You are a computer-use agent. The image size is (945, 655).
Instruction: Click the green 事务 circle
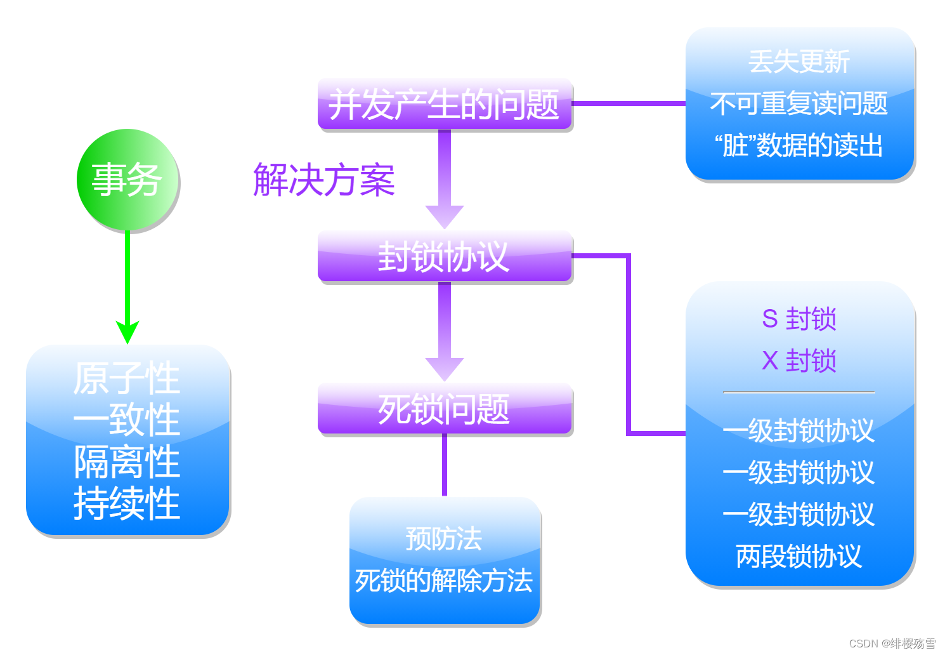(x=127, y=180)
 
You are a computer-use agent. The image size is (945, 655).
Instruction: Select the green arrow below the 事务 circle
(x=127, y=286)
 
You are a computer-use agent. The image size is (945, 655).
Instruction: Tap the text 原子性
(x=127, y=378)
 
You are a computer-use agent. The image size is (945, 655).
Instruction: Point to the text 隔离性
(x=127, y=462)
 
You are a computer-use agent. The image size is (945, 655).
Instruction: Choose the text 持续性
(x=127, y=504)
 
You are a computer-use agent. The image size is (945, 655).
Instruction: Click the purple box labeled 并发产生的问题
(x=445, y=105)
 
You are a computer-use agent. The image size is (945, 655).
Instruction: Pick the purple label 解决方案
(x=324, y=180)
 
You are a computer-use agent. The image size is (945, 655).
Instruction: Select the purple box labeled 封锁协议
(x=445, y=257)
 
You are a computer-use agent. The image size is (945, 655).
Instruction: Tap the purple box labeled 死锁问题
(x=445, y=409)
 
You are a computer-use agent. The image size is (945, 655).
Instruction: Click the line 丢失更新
(x=799, y=62)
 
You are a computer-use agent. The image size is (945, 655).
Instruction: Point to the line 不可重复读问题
(x=799, y=103)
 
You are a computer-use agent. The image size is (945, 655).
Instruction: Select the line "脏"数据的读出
(x=799, y=145)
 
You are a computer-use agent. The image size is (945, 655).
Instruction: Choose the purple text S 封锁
(x=799, y=319)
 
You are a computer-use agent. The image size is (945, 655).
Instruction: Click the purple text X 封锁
(x=799, y=361)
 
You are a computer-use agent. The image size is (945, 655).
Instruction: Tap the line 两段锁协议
(x=799, y=557)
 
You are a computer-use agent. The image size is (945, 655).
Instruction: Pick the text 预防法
(x=445, y=539)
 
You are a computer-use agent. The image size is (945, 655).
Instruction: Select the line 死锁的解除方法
(x=445, y=581)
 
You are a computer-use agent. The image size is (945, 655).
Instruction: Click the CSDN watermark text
(x=892, y=643)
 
